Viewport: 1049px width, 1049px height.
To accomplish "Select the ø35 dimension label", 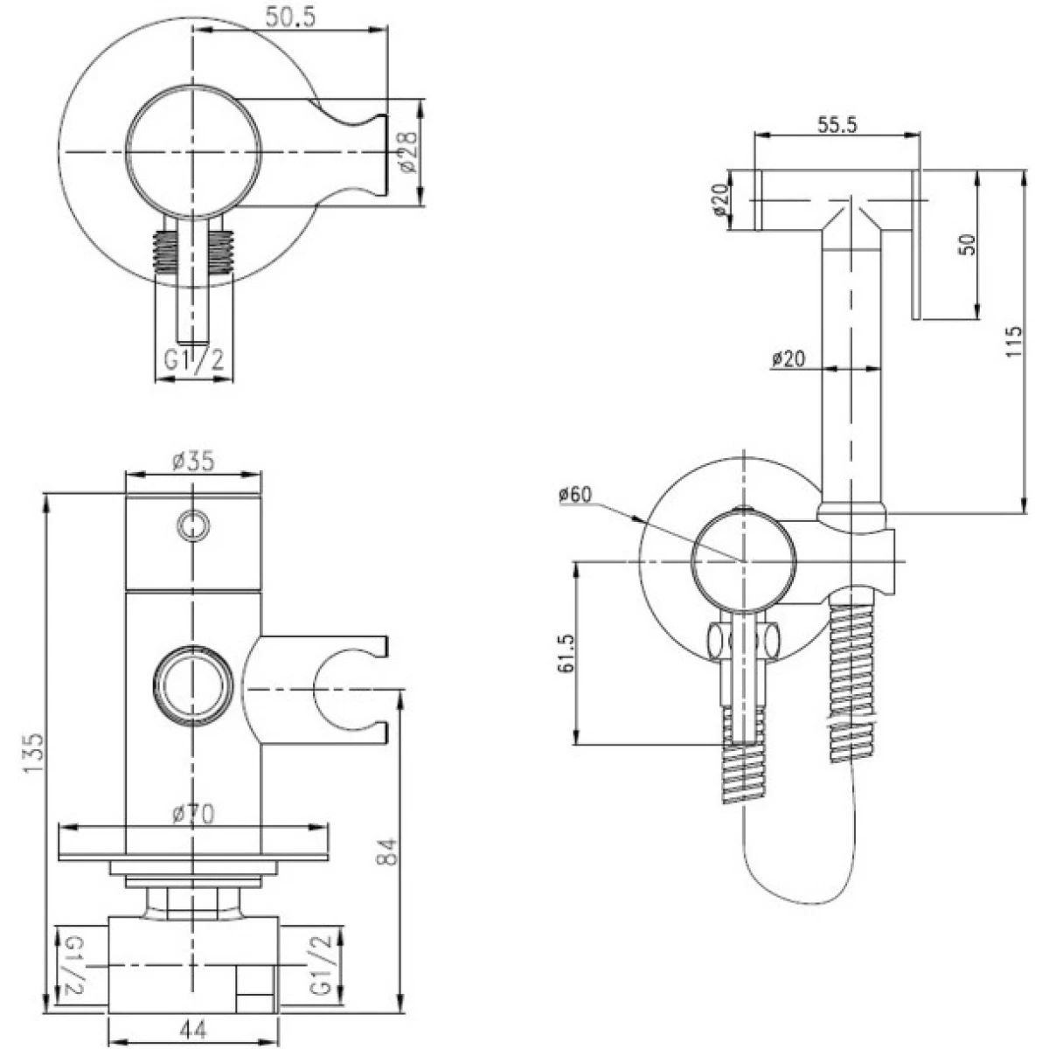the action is click(193, 461).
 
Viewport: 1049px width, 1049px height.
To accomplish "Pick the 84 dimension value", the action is click(387, 852).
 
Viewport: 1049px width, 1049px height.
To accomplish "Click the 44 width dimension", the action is click(193, 1031).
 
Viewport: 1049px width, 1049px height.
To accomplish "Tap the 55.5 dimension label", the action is click(837, 125).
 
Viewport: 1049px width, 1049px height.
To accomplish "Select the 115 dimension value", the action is click(1014, 341).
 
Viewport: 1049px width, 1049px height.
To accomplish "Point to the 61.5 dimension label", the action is click(566, 653).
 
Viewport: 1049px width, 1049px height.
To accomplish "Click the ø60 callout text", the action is click(575, 494).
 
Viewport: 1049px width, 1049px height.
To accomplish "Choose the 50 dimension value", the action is click(968, 245).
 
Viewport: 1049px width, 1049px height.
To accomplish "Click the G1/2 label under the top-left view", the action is click(194, 359).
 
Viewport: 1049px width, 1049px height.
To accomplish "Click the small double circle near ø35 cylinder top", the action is click(193, 525).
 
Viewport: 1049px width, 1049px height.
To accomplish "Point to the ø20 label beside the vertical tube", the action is click(788, 358).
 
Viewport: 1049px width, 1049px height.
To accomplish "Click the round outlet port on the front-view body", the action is click(193, 685).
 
